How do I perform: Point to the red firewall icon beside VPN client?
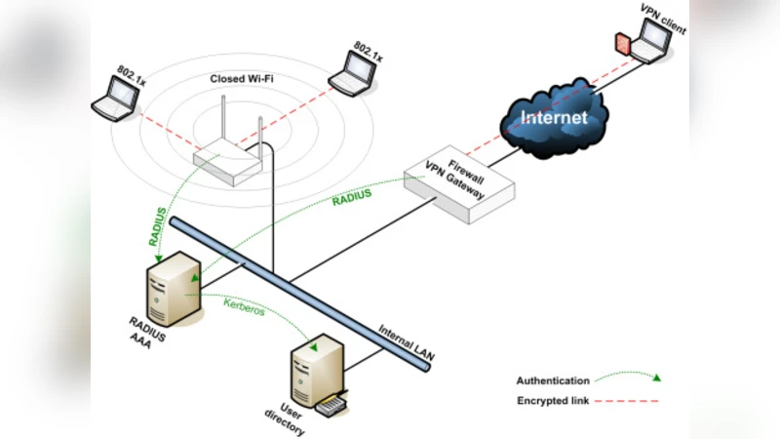point(621,44)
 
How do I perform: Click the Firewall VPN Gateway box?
point(458,185)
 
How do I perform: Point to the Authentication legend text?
point(553,381)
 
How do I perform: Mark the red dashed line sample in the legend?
point(633,401)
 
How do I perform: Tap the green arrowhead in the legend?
point(657,379)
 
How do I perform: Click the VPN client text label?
point(663,17)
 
